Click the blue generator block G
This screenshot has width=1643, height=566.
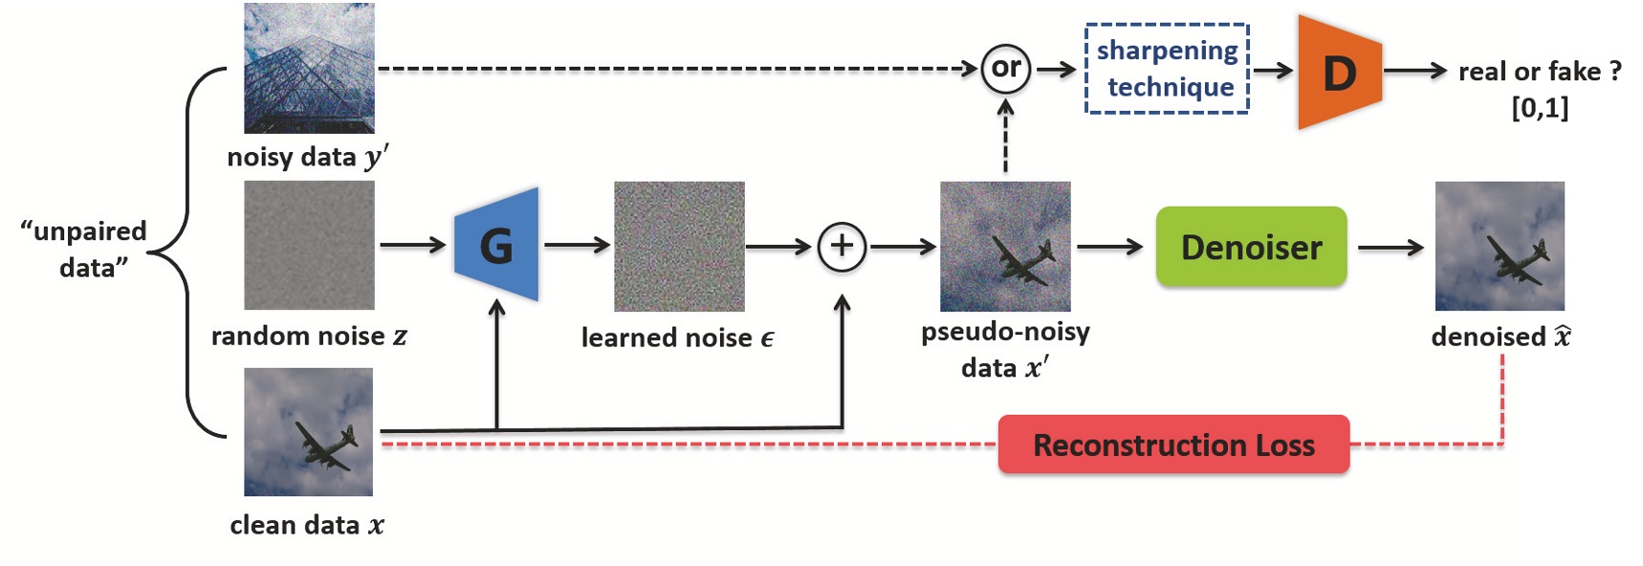pos(496,246)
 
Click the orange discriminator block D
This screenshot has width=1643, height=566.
pos(1339,73)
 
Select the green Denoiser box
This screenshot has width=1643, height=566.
pos(1251,248)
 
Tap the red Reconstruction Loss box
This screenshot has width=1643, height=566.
pos(1173,445)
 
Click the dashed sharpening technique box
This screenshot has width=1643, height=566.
pos(1167,69)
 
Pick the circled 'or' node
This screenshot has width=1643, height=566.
pos(1005,68)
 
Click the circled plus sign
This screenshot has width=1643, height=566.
pos(842,247)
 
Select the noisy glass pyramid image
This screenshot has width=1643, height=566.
pos(309,68)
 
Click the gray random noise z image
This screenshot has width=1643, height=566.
pos(309,246)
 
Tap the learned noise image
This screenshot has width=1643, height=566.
pos(679,247)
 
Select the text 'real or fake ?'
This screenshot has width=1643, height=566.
pos(1539,72)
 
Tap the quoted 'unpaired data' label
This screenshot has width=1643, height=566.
pos(85,249)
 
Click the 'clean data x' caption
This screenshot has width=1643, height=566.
pos(307,525)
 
